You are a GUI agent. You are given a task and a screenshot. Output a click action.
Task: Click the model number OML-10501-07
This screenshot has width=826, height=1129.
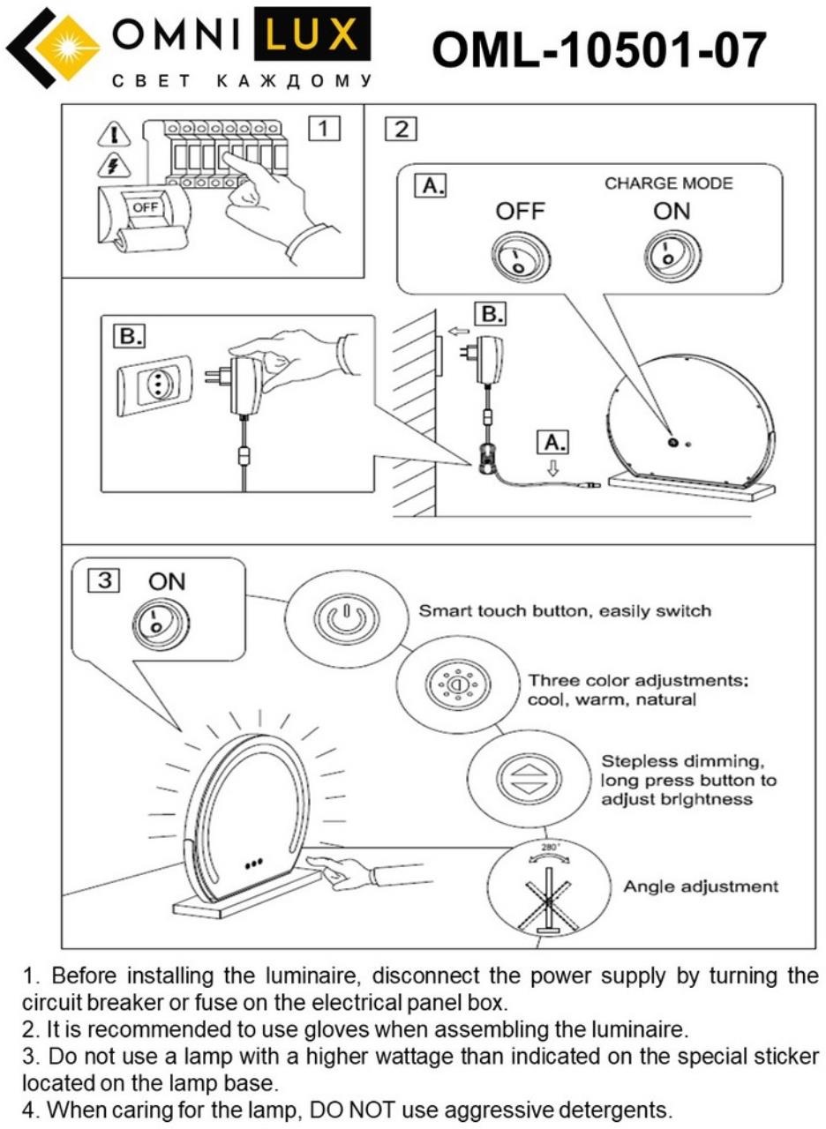pos(599,49)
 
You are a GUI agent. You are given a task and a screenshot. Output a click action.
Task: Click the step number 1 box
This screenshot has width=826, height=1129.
pos(323,129)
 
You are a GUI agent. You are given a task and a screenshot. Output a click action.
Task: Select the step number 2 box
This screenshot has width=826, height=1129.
pos(401,129)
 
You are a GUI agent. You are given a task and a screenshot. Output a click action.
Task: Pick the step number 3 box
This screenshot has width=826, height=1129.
pos(104,580)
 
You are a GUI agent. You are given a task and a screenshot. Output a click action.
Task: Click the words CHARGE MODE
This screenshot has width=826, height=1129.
pos(668,183)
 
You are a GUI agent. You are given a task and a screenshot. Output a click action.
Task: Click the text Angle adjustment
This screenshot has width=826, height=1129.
pos(701,886)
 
